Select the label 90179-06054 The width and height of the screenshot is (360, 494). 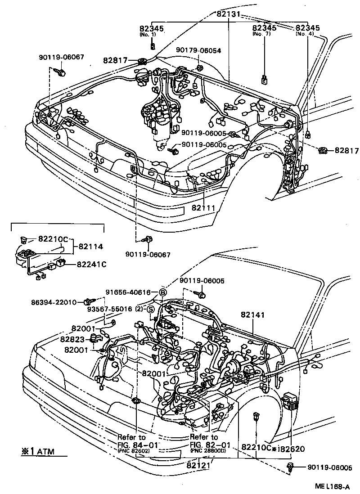(x=198, y=51)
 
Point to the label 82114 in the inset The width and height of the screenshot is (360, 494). (x=91, y=246)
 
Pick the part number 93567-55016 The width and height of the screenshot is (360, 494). (x=109, y=309)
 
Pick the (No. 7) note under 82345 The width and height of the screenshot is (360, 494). (x=264, y=34)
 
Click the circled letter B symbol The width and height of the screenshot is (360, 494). (x=162, y=292)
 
